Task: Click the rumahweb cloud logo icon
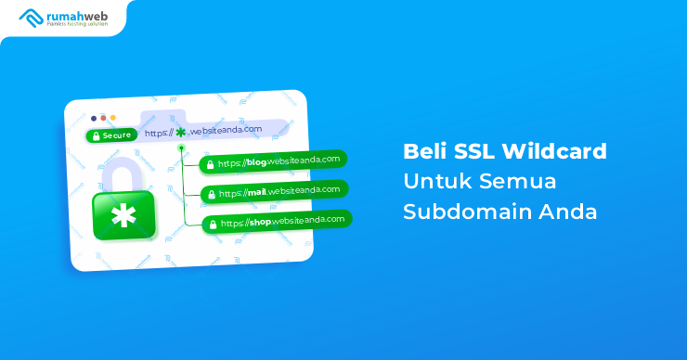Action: [29, 16]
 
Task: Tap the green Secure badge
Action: [111, 135]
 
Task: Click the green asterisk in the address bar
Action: [180, 133]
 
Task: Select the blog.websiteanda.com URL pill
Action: [274, 161]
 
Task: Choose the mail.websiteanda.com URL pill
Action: [276, 192]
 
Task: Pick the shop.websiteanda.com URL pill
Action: [278, 222]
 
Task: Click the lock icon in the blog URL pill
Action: [211, 164]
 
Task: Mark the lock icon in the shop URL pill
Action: [212, 225]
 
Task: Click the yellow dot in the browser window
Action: [113, 118]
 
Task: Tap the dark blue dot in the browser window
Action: [93, 118]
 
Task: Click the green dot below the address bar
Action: [182, 148]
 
